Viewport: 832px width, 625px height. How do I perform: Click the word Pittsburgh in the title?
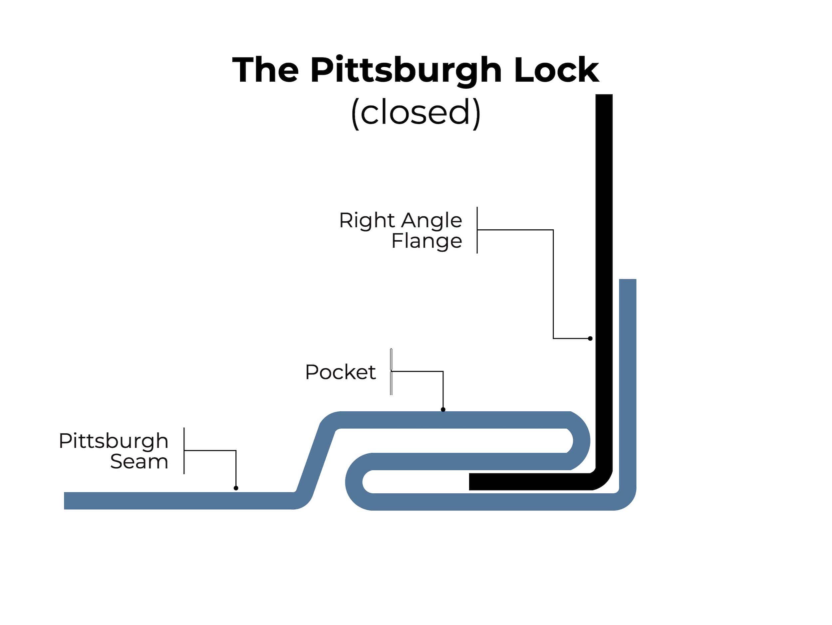coord(406,71)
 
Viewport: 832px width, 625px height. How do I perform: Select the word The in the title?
coord(266,70)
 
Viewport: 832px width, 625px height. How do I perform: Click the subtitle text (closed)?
coord(416,113)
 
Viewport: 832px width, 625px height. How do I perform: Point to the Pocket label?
coord(340,372)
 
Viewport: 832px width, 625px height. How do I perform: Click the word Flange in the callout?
coord(426,241)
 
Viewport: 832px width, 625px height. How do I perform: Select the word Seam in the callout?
coord(139,462)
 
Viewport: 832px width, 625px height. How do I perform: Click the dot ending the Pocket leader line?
coord(443,409)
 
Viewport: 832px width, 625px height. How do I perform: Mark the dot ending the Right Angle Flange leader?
coord(590,338)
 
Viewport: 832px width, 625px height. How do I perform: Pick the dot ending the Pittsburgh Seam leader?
coord(236,488)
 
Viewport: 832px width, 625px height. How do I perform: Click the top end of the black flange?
coord(604,96)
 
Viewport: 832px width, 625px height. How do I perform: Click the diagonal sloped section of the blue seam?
coord(316,460)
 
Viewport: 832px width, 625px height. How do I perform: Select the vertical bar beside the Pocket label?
coord(391,372)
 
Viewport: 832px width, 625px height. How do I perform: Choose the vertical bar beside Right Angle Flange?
coord(477,230)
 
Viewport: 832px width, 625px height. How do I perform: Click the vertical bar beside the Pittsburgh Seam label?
coord(184,451)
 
